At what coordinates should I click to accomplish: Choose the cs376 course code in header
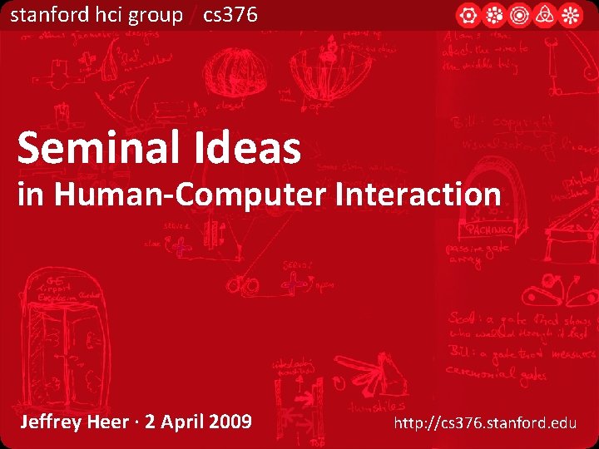(x=230, y=14)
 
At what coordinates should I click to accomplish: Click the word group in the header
(x=156, y=14)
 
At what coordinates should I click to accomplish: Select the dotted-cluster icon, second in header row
(x=494, y=15)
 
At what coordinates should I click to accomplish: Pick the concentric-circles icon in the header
(x=520, y=15)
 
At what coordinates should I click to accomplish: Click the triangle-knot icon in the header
(x=546, y=15)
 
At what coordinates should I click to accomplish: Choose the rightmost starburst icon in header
(x=571, y=15)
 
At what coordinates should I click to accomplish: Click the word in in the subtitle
(x=28, y=195)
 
